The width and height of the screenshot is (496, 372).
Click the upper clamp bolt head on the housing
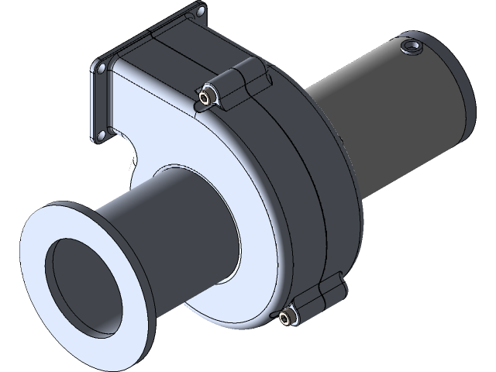[206, 97]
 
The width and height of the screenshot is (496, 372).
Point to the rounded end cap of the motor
[457, 93]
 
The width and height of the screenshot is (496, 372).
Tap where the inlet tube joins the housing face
[236, 225]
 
